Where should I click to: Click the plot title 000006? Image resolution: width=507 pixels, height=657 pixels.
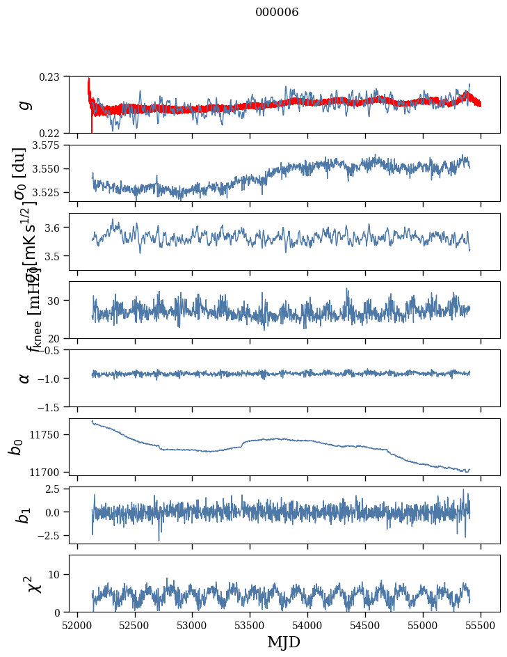tap(277, 12)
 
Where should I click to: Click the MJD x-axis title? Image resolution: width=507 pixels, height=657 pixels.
tap(283, 642)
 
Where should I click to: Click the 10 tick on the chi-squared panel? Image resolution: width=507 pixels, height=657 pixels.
tap(55, 574)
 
